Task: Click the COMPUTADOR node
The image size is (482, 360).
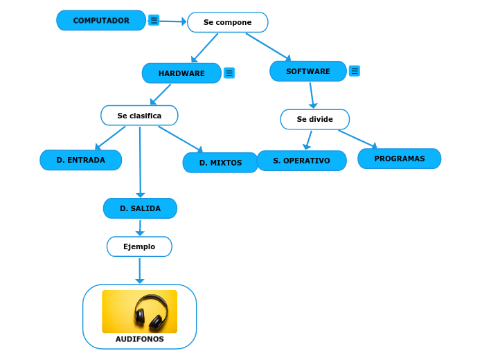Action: [101, 21]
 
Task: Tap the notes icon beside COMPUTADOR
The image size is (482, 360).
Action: [154, 21]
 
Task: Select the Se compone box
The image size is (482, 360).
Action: [227, 23]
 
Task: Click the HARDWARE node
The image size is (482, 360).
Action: [181, 73]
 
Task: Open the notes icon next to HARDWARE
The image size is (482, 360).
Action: [229, 73]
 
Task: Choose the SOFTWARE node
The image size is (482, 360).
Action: [308, 71]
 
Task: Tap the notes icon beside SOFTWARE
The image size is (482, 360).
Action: [355, 71]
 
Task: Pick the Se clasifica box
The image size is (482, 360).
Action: [139, 116]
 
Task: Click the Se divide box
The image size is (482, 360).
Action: [314, 119]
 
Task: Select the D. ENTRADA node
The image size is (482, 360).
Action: [81, 160]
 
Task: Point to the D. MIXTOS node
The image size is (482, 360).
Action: [220, 163]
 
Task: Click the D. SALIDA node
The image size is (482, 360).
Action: [140, 208]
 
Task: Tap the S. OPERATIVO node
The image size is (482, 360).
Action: [301, 161]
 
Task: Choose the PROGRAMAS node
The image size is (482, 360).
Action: [399, 159]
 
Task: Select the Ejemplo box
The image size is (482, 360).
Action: [139, 246]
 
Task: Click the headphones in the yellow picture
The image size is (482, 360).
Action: [151, 311]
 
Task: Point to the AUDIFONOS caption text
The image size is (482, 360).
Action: [140, 339]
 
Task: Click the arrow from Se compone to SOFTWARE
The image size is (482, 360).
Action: [268, 46]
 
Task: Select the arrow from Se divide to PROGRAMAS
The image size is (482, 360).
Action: [357, 138]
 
